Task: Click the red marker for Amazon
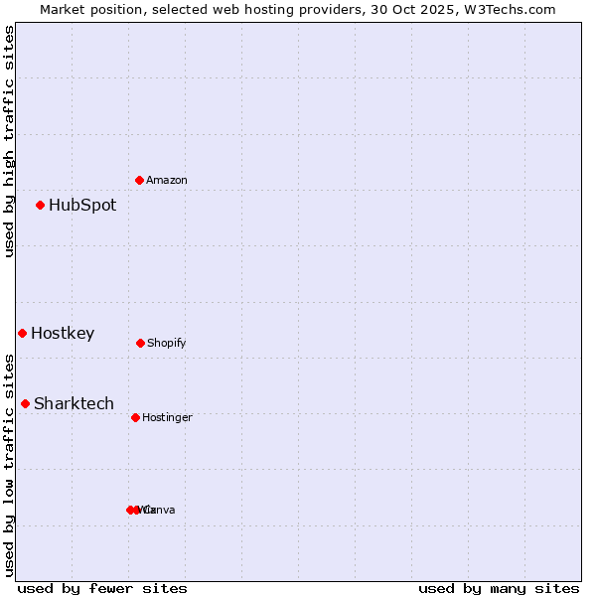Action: [x=139, y=180]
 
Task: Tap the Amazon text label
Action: [x=167, y=181]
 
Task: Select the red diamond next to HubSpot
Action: [x=41, y=206]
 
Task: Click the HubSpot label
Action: [x=82, y=206]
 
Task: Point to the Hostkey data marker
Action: [x=22, y=334]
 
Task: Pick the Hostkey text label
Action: [x=63, y=334]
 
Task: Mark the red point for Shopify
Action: [x=140, y=343]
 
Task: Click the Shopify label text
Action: [x=167, y=344]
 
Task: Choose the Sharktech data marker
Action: [x=26, y=403]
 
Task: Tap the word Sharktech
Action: [x=74, y=403]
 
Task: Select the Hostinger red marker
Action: [x=135, y=417]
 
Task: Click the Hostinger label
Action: [x=167, y=418]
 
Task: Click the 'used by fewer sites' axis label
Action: [x=102, y=589]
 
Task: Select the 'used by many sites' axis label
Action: [x=499, y=589]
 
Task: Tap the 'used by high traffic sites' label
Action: [x=9, y=141]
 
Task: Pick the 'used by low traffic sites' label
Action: [x=9, y=465]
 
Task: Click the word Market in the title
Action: [x=63, y=10]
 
